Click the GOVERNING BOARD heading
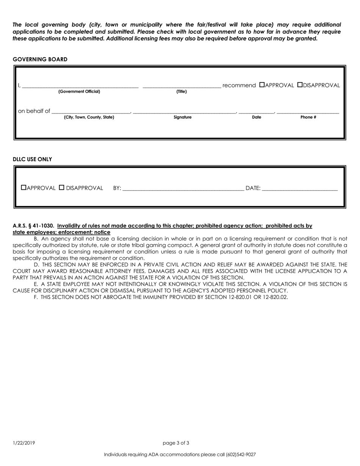(x=40, y=59)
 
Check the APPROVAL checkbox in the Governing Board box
(x=262, y=85)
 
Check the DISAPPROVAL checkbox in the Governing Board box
(x=300, y=85)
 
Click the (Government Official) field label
(x=79, y=92)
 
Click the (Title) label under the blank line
(x=182, y=92)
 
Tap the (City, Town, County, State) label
(x=89, y=117)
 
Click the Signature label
(x=183, y=117)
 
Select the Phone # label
(x=308, y=117)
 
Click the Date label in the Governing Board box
(x=257, y=117)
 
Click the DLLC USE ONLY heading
(x=33, y=160)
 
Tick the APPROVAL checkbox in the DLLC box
(x=24, y=188)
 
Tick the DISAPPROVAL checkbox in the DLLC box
(x=62, y=188)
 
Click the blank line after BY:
(x=183, y=188)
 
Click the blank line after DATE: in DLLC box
(x=299, y=188)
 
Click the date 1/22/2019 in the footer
(x=24, y=443)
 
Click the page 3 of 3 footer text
(x=176, y=443)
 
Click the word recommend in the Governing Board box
(x=239, y=86)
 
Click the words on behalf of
(x=34, y=111)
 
